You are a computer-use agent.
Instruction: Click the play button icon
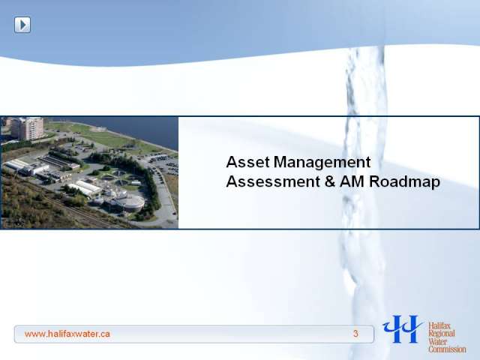click(x=22, y=25)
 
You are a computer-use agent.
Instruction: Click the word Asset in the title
click(x=248, y=162)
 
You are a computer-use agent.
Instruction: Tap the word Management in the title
click(x=322, y=163)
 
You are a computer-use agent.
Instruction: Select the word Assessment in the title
click(x=273, y=181)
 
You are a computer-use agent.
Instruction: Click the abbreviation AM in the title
click(x=352, y=181)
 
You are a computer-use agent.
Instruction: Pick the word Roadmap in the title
click(x=404, y=182)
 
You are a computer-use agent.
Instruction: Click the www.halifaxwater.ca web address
click(x=67, y=334)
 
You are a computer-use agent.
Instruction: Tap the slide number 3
click(x=355, y=334)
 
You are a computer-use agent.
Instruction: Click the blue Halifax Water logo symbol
click(x=402, y=328)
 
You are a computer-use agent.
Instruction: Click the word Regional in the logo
click(x=442, y=334)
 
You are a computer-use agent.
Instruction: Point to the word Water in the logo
click(x=438, y=341)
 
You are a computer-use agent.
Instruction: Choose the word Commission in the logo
click(x=447, y=349)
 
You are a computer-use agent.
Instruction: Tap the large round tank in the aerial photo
click(x=132, y=202)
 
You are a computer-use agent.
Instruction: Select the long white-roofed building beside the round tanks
click(x=85, y=188)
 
